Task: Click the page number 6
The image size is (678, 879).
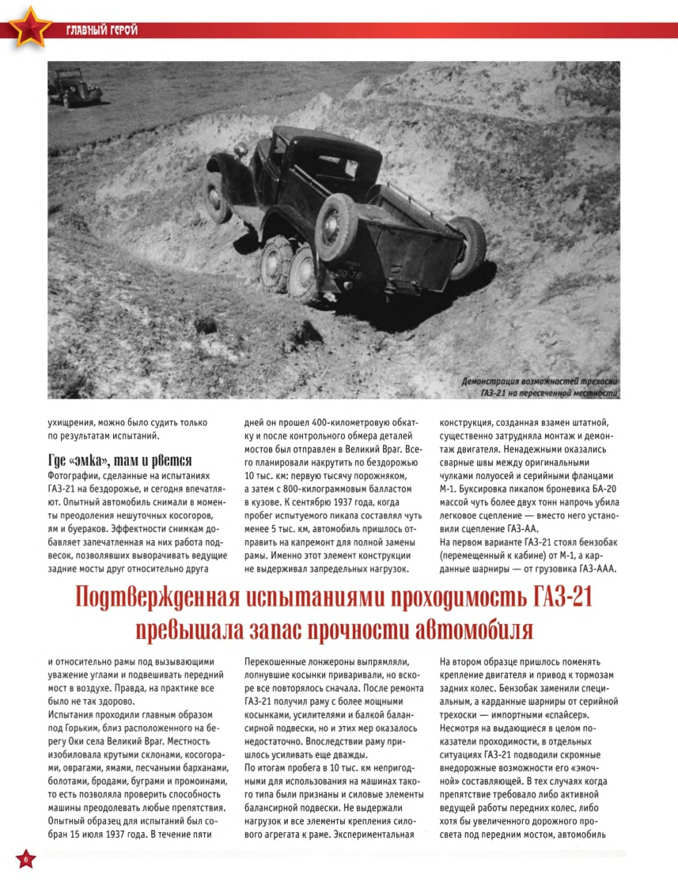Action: tap(26, 860)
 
